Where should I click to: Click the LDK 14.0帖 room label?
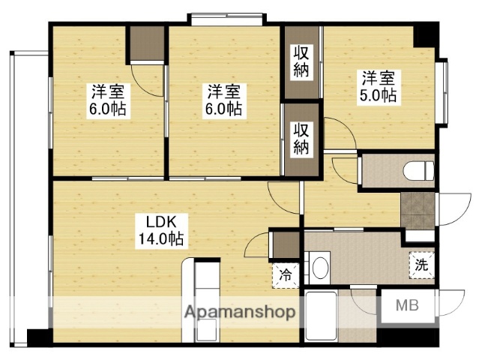pyautogui.click(x=160, y=231)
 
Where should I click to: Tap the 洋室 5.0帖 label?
pyautogui.click(x=379, y=86)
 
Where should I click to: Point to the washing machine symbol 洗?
pyautogui.click(x=421, y=264)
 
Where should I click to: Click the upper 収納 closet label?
pyautogui.click(x=301, y=61)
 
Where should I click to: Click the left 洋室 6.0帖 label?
pyautogui.click(x=108, y=100)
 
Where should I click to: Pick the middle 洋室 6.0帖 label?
pyautogui.click(x=224, y=100)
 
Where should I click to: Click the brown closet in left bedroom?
pyautogui.click(x=148, y=45)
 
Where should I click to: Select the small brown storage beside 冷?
pyautogui.click(x=286, y=246)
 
